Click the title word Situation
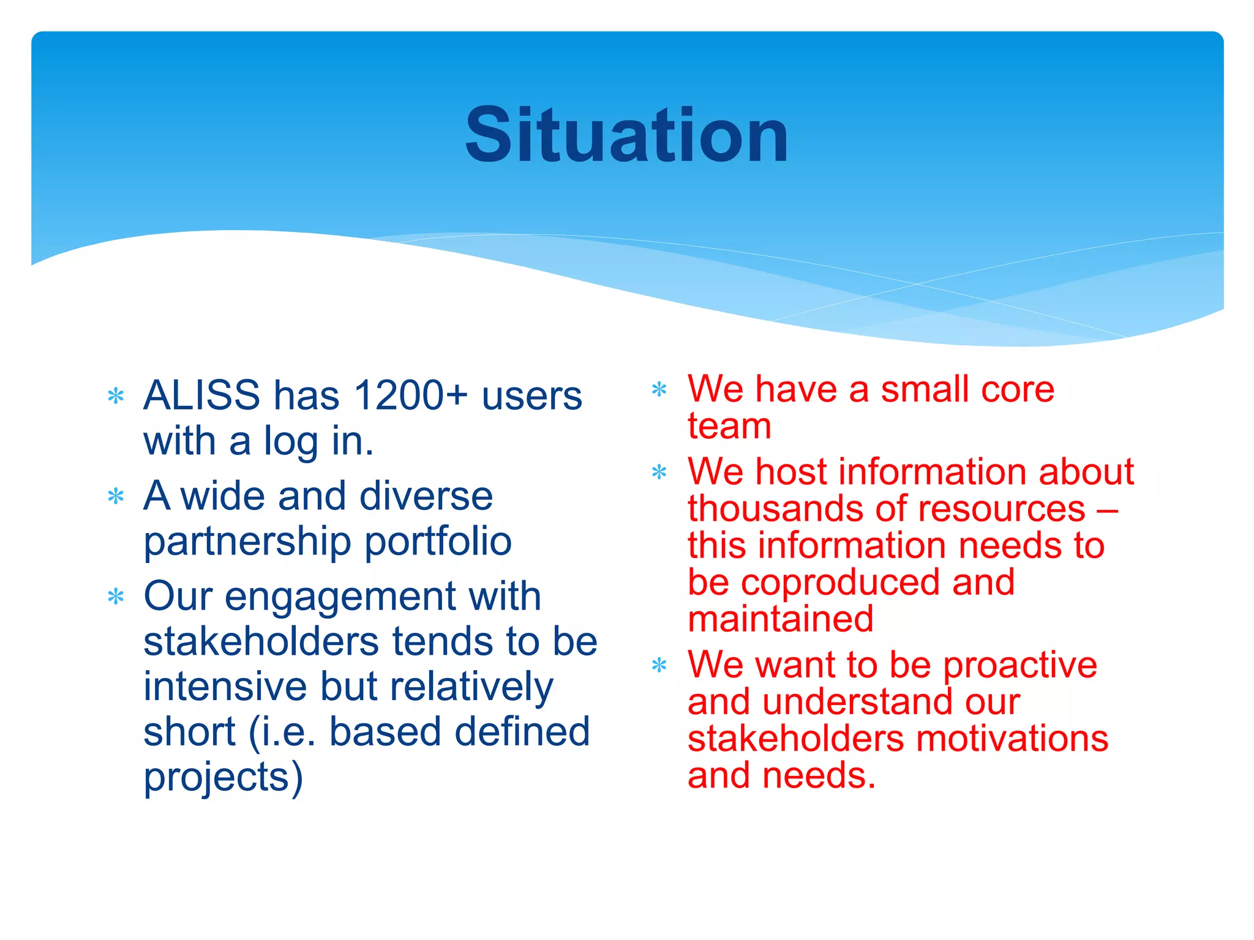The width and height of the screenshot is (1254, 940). pyautogui.click(x=626, y=135)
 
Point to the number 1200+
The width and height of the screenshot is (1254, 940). pyautogui.click(x=411, y=395)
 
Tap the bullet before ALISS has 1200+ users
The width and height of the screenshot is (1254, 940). pyautogui.click(x=116, y=397)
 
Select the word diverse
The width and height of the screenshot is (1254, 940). pyautogui.click(x=426, y=496)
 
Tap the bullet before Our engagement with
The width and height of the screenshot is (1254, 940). pyautogui.click(x=116, y=597)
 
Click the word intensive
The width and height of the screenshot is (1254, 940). pyautogui.click(x=225, y=687)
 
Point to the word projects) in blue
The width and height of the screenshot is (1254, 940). pyautogui.click(x=223, y=777)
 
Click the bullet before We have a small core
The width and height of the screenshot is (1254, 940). pyautogui.click(x=659, y=389)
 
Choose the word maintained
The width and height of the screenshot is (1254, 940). pyautogui.click(x=780, y=619)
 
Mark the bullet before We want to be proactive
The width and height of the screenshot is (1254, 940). pyautogui.click(x=659, y=665)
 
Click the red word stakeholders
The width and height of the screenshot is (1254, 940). pyautogui.click(x=795, y=739)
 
